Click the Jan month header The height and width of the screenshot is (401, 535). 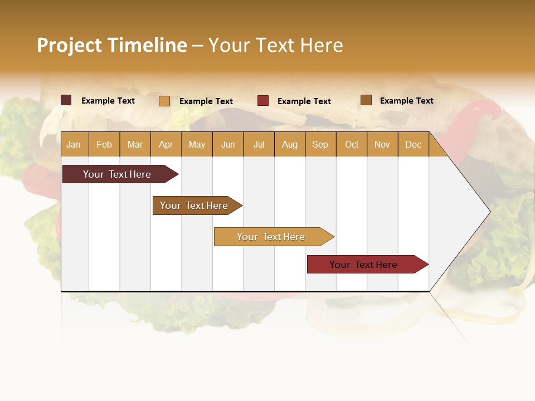(x=74, y=145)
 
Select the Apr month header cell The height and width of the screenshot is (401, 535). (x=166, y=145)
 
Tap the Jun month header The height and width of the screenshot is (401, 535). (x=228, y=145)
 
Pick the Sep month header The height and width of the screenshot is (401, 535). (x=320, y=145)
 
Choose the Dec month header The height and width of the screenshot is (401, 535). (x=413, y=145)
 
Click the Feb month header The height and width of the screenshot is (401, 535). (x=104, y=145)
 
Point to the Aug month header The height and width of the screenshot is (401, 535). (x=289, y=145)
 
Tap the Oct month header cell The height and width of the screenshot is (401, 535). (x=352, y=145)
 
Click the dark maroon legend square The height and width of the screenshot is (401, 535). (x=66, y=100)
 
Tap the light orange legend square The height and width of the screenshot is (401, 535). (x=164, y=101)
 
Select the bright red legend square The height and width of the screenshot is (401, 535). (x=263, y=101)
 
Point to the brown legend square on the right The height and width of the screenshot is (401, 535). (x=366, y=100)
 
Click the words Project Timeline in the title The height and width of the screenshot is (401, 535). (x=111, y=45)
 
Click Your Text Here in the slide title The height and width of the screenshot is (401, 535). (x=275, y=45)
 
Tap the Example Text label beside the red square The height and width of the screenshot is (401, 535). (x=304, y=101)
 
